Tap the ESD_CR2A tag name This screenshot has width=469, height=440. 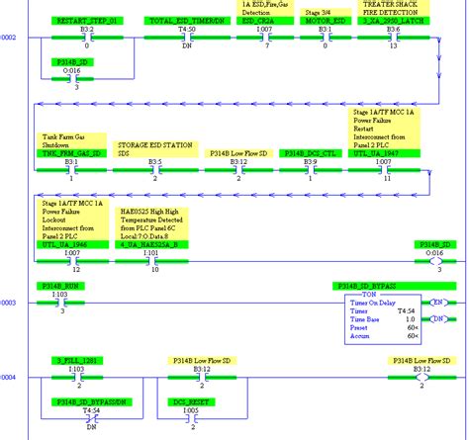tap(255, 20)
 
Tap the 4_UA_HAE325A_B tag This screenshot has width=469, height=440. tap(151, 245)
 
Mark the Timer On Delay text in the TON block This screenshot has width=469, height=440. tap(370, 302)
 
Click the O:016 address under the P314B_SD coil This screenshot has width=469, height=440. tap(434, 253)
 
